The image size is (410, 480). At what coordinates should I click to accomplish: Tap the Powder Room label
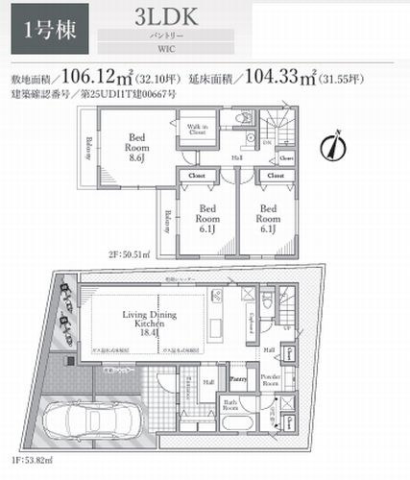point(269,377)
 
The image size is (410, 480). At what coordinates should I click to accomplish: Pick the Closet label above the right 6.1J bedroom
point(275,177)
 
